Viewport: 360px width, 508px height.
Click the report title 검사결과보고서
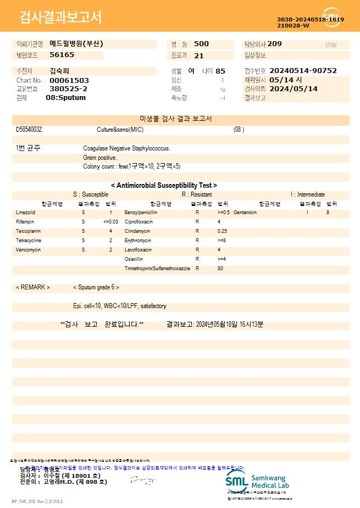coord(60,18)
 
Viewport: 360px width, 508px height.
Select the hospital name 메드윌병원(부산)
coord(76,44)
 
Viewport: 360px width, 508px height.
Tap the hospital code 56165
coord(62,55)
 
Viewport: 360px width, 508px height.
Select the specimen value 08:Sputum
coord(65,98)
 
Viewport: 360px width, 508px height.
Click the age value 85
coord(220,71)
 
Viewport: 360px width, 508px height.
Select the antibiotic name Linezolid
coord(25,212)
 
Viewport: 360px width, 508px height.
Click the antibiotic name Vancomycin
coord(29,250)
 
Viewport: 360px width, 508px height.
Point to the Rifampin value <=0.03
coord(110,221)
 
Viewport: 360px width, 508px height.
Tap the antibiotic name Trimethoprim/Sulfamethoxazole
coord(157,269)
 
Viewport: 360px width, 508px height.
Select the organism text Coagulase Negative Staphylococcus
coord(126,148)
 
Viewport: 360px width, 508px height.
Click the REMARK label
coord(33,287)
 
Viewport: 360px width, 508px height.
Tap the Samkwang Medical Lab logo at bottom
coord(257,482)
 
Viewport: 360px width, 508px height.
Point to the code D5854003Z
coord(29,130)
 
